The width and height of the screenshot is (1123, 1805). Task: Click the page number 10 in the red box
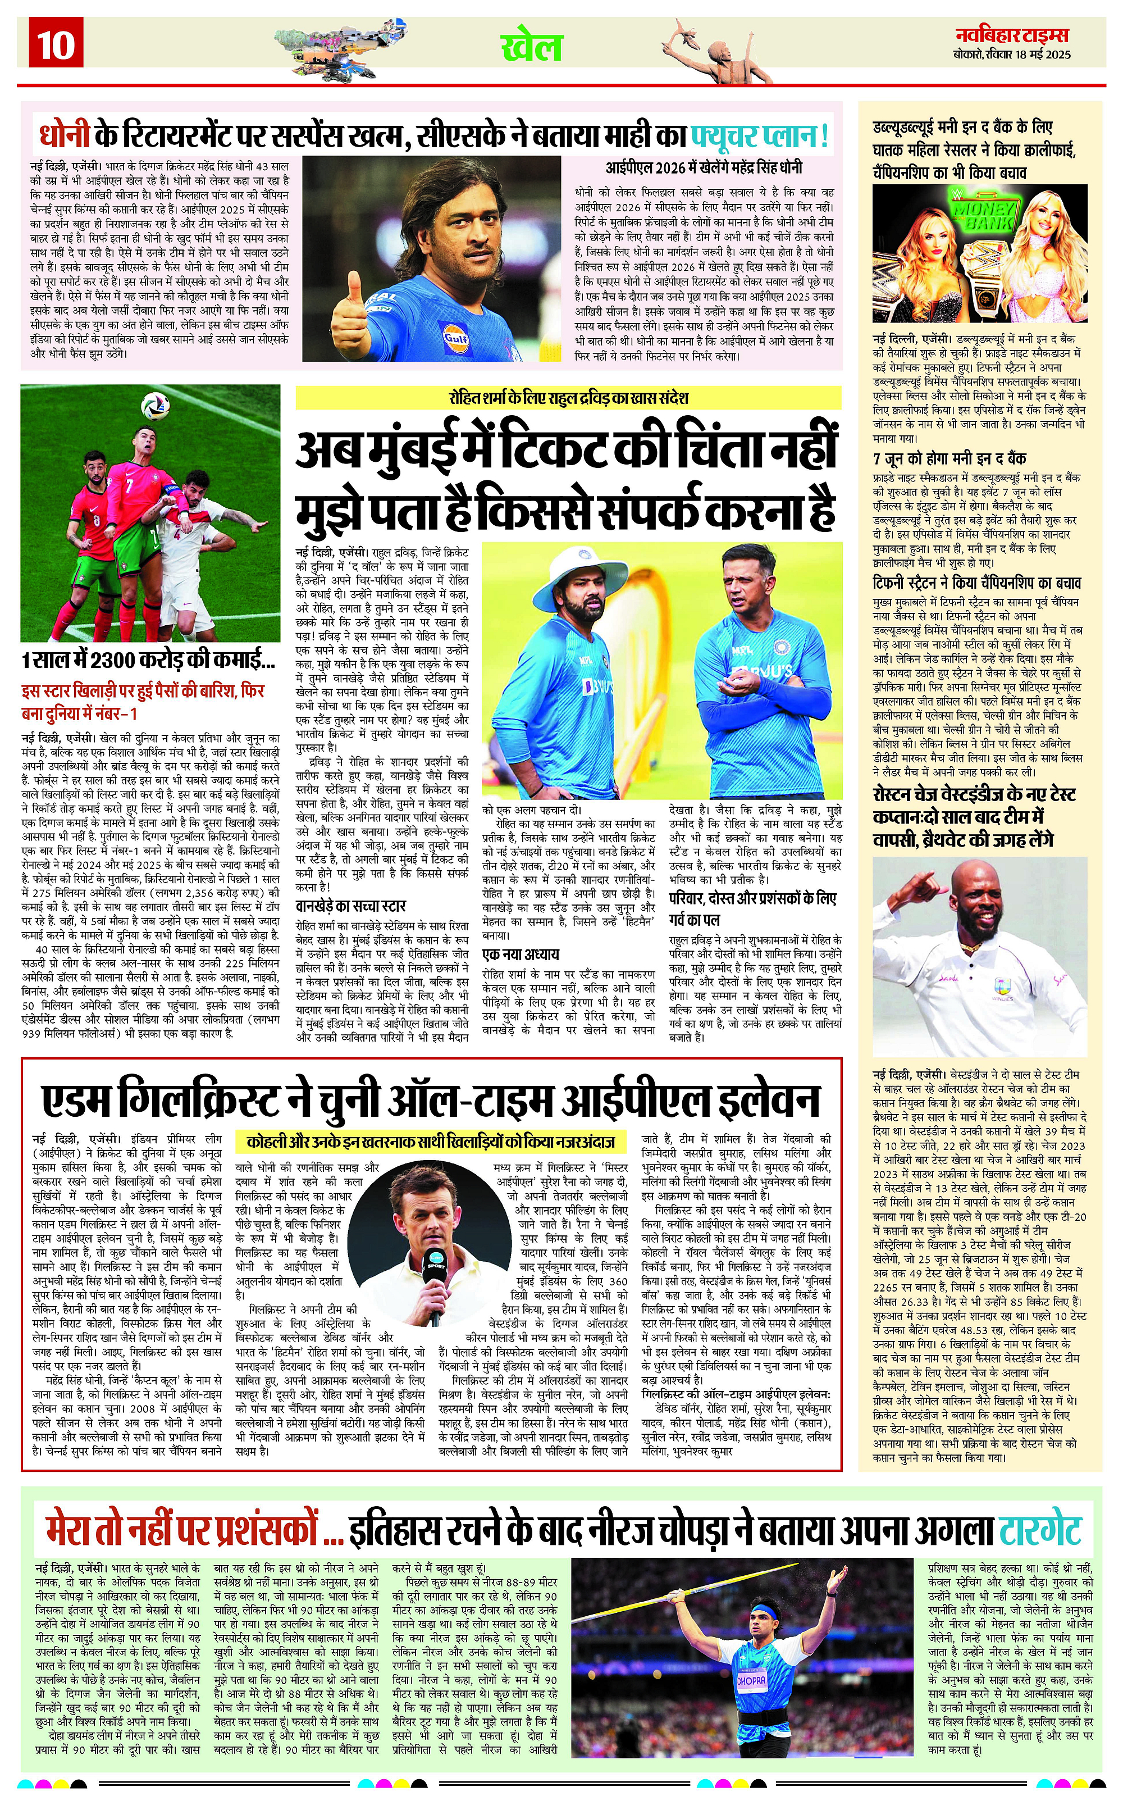[x=56, y=44]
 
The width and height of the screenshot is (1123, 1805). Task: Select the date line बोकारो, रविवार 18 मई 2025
[x=1012, y=55]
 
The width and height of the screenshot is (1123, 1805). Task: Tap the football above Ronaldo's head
[x=155, y=406]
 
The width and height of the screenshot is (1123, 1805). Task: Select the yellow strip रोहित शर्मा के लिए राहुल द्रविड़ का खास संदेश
[x=568, y=398]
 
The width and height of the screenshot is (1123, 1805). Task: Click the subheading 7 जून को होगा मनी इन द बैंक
[x=949, y=458]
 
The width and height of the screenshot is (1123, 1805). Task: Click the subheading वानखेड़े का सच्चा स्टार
[x=350, y=906]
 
